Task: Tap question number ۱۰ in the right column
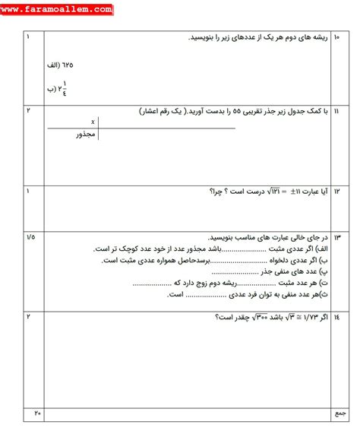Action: (336, 36)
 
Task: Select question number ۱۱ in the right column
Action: (336, 110)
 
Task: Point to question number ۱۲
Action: (336, 191)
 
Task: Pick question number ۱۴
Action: (336, 315)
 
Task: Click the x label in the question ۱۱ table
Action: (93, 121)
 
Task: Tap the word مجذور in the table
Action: (86, 134)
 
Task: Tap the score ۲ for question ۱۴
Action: (28, 315)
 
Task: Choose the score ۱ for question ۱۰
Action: (28, 36)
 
